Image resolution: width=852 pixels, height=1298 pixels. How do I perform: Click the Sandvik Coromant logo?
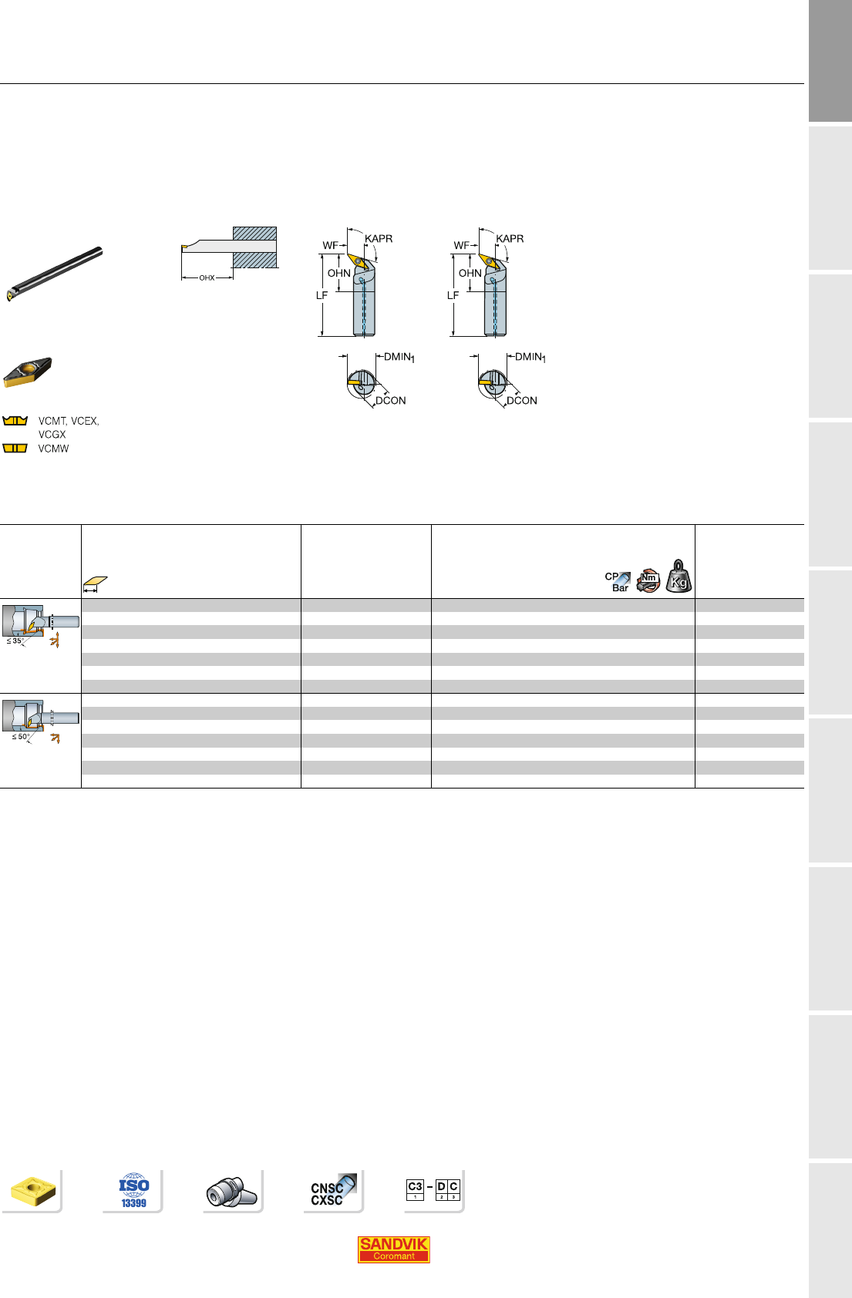[393, 1249]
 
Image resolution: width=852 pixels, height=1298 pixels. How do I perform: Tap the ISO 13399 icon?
[134, 1191]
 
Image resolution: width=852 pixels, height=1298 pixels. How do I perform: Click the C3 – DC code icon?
[433, 1189]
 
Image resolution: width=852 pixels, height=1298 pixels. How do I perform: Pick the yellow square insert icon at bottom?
[33, 1192]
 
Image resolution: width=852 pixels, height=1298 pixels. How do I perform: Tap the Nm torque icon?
[648, 580]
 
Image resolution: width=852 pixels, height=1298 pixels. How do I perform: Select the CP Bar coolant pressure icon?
[618, 582]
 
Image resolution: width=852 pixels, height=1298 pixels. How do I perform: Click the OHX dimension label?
[207, 277]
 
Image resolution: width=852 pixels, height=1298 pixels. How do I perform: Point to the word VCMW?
[53, 449]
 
